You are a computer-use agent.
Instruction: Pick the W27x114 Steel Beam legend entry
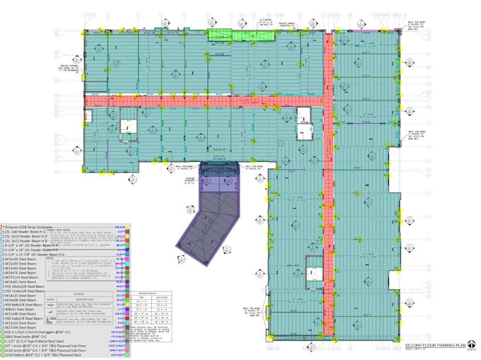(x=24, y=277)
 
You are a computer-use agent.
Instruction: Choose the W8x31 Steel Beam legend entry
(x=21, y=309)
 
